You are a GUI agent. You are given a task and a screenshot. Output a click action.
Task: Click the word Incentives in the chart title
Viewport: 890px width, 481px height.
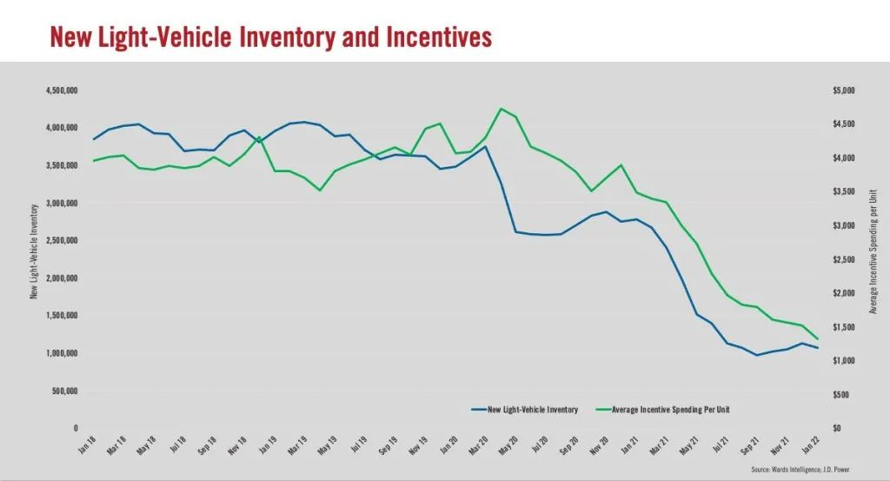pos(432,37)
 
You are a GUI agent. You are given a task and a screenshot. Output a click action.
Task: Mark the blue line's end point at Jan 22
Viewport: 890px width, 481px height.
pos(817,348)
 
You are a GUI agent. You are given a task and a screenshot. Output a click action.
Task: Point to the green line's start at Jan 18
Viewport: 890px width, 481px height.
pos(94,161)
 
